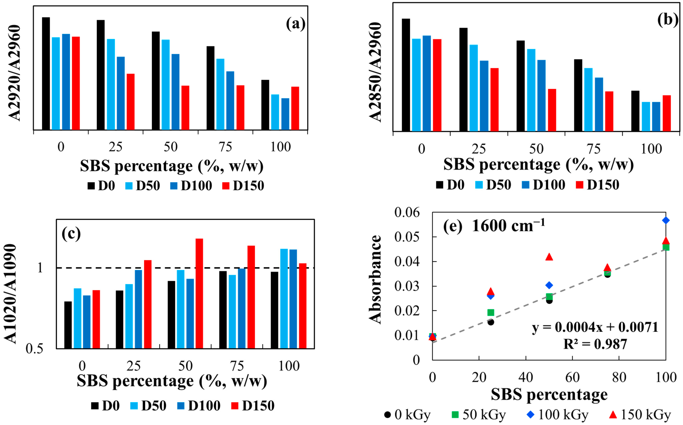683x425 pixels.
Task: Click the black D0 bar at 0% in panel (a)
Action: click(46, 74)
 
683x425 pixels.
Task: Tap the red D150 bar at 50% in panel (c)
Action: click(199, 294)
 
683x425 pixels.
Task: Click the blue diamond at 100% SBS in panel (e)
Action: click(666, 220)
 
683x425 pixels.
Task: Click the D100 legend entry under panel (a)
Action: click(191, 186)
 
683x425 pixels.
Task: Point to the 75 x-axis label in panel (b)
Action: click(594, 149)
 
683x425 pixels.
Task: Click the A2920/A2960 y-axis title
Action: click(14, 73)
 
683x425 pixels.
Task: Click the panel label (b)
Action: click(668, 20)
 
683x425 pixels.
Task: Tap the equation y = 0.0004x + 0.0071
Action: click(595, 327)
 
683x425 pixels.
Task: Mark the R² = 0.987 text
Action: click(595, 344)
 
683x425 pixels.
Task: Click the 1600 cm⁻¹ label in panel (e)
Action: click(508, 226)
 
